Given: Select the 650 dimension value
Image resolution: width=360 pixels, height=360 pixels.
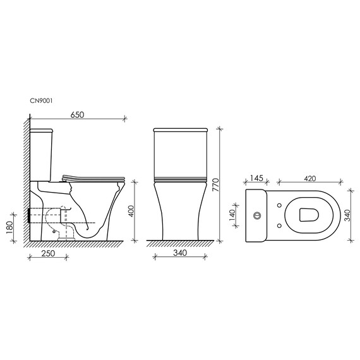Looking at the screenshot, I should (x=76, y=114).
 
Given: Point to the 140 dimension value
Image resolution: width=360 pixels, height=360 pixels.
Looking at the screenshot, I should (x=232, y=215).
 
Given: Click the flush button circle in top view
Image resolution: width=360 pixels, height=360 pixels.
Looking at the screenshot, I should (x=257, y=215).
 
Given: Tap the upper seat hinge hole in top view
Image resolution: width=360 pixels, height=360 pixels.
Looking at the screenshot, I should (x=279, y=206).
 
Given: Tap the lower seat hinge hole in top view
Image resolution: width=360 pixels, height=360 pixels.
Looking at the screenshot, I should (x=279, y=224).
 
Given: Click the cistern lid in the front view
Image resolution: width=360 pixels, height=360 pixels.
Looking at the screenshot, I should (x=181, y=131).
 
